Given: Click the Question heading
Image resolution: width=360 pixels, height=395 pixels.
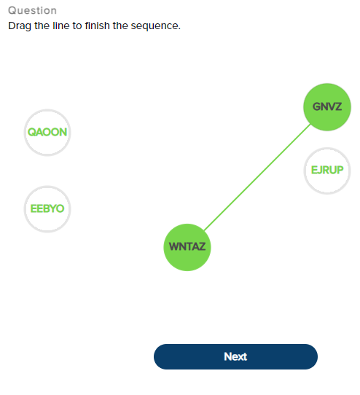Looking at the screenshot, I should click(32, 11).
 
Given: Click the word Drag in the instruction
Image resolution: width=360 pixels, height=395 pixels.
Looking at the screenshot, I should click(20, 26).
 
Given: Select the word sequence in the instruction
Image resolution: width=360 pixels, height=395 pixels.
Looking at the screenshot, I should click(157, 26).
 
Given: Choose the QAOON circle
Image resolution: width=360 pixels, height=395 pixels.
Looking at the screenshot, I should click(47, 133).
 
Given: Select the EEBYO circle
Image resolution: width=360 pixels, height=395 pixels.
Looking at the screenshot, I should click(47, 209).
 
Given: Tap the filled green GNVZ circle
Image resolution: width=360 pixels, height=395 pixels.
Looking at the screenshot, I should click(326, 107).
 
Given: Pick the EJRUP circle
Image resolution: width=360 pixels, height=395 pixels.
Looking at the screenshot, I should click(327, 171).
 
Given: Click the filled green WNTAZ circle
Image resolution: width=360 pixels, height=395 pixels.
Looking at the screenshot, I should click(187, 247).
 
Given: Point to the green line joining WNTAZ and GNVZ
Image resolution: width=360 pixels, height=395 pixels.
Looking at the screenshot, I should click(257, 178).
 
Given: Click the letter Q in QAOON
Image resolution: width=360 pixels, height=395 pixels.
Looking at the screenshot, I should click(31, 133).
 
